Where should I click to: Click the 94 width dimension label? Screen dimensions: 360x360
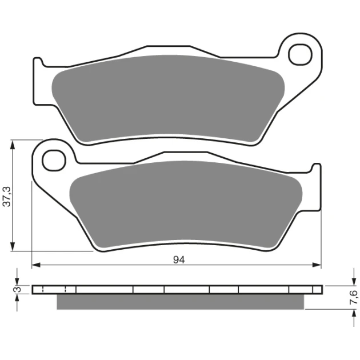179,260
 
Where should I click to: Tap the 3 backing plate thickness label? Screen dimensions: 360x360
18,290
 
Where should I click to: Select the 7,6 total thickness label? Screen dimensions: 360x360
354,297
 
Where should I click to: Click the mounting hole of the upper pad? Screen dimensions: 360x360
301,55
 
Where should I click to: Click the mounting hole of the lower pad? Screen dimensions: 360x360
54,160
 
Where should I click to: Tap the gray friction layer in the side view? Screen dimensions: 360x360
180,302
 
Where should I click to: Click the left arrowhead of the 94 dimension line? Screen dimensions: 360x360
36,265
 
